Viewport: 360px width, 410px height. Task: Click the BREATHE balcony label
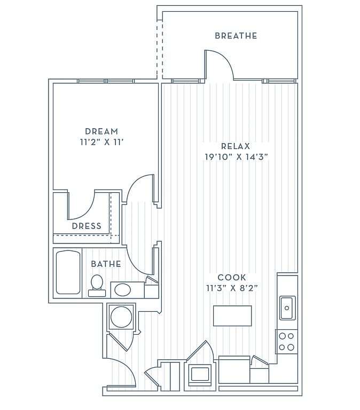(x=236, y=36)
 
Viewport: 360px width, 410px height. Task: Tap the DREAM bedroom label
(x=101, y=131)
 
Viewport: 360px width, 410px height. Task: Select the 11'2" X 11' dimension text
(x=101, y=142)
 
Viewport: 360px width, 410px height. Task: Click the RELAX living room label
(x=236, y=146)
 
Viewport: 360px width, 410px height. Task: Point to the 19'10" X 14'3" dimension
(x=236, y=157)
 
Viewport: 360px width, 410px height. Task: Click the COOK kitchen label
(x=232, y=277)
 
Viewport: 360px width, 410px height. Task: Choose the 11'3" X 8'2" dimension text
(x=232, y=288)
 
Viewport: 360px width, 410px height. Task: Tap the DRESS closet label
(x=87, y=226)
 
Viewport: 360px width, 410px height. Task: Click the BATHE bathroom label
(x=106, y=264)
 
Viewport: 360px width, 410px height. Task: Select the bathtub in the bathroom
(x=68, y=272)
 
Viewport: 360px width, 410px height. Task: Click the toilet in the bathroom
(x=97, y=286)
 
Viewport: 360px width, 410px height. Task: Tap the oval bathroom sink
(x=123, y=290)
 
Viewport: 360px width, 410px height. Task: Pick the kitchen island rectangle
(x=232, y=316)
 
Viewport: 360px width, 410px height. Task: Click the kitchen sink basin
(x=287, y=308)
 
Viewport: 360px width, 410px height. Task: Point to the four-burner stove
(x=286, y=342)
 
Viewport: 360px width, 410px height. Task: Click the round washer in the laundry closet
(x=121, y=317)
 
